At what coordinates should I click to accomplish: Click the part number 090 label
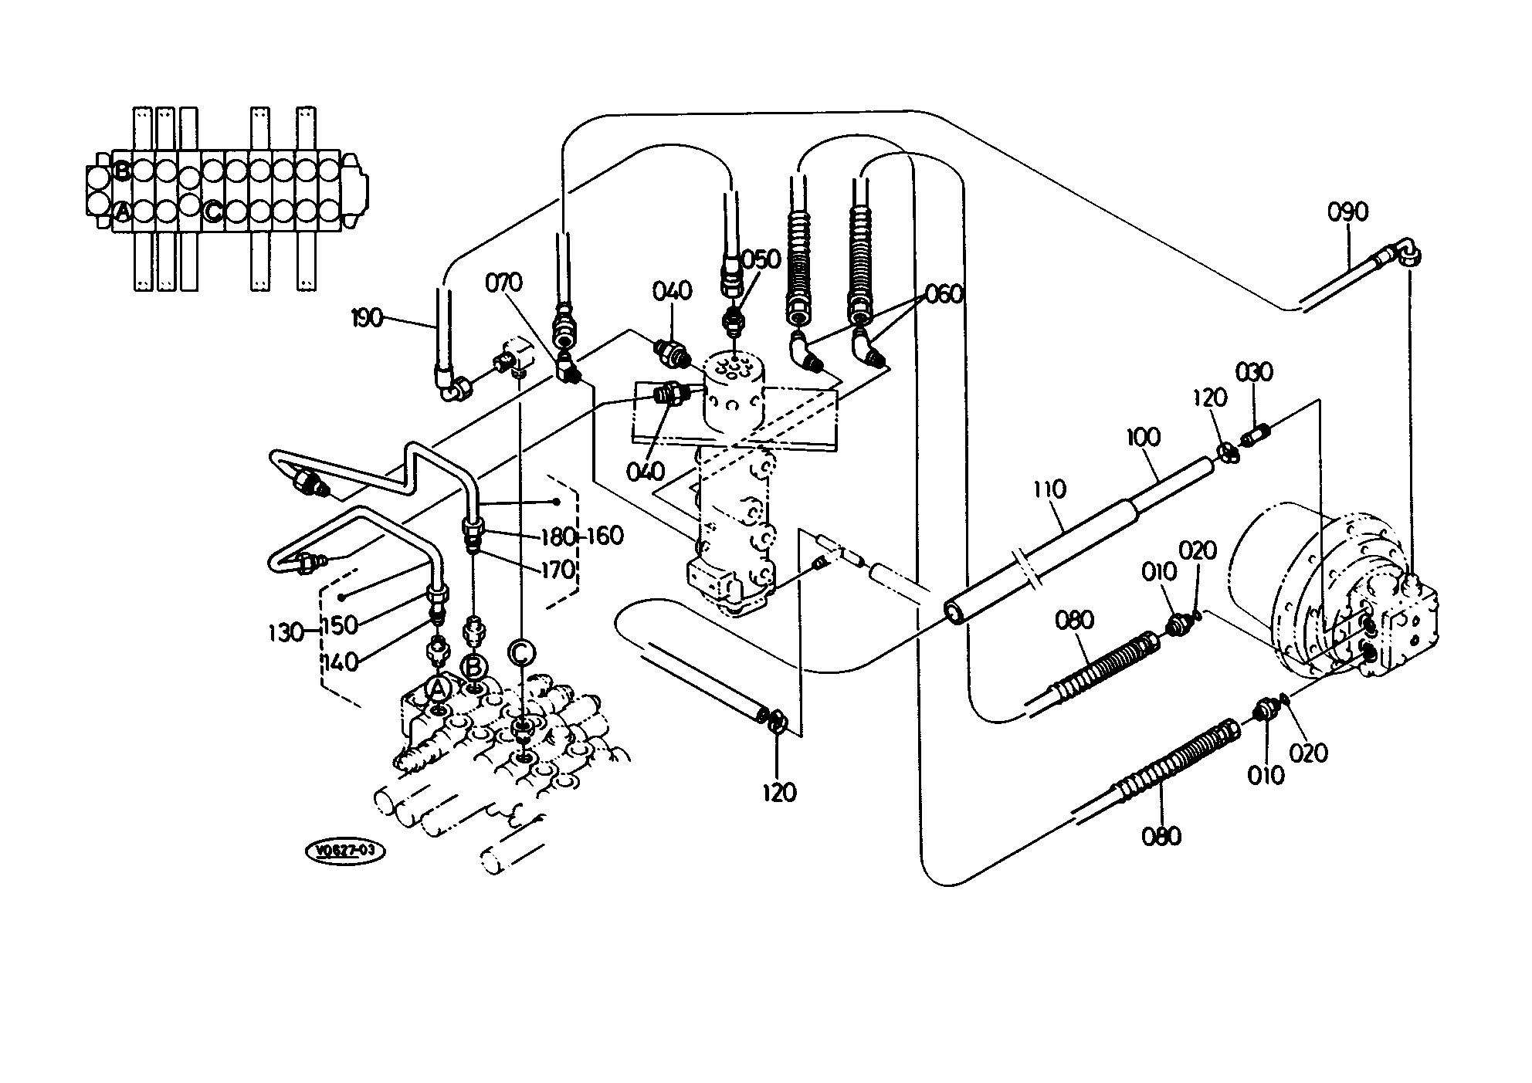coord(1348,212)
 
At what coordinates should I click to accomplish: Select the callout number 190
coord(367,316)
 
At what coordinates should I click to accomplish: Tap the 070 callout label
coord(503,283)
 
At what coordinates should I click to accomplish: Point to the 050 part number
coord(761,259)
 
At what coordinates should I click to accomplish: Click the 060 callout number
coord(944,294)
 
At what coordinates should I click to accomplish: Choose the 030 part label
coord(1254,371)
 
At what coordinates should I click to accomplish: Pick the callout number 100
coord(1143,437)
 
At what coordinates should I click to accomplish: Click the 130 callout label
coord(286,633)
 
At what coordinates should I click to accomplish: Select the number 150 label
coord(340,625)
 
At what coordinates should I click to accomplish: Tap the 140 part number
coord(341,662)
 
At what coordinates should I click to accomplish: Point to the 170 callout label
coord(558,570)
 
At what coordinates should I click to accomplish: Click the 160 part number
coord(605,535)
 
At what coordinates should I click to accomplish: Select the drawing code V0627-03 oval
coord(346,851)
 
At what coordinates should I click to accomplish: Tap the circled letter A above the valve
coord(439,688)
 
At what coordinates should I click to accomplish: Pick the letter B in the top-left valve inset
coord(122,171)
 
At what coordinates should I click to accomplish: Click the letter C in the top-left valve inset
coord(213,210)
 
